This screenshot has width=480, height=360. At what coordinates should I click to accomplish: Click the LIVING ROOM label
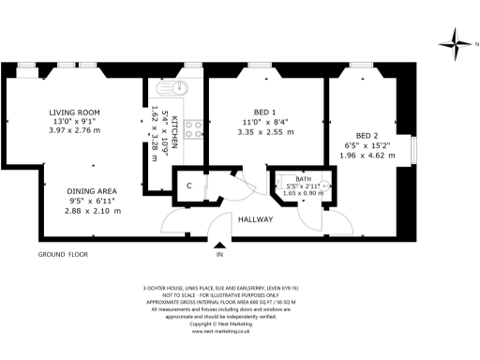pos(74,112)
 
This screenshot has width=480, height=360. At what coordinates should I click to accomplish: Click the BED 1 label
pos(265,112)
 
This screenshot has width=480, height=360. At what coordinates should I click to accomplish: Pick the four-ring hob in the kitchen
pos(195,128)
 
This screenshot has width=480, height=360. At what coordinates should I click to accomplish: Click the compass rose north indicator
pos(456,39)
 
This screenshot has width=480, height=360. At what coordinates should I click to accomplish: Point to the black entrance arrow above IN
pos(219,245)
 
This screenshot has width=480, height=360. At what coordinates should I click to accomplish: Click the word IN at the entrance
pos(219,255)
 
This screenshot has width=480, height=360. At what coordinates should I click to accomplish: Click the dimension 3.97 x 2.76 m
pos(74,131)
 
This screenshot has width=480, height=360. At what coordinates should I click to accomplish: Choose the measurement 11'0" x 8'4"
pos(265,123)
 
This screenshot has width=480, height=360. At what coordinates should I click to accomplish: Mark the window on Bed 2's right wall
pos(412,151)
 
